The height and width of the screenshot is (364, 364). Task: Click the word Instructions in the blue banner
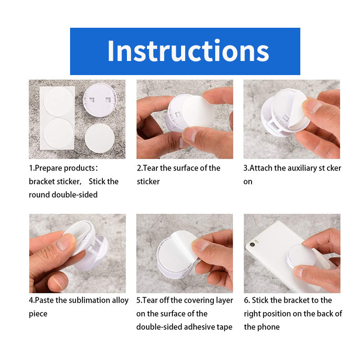pos(188,51)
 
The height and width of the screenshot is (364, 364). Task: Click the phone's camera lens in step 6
pos(253,244)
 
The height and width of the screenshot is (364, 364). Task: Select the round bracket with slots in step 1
pos(100,100)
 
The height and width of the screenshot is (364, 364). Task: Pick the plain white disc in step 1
pos(100,138)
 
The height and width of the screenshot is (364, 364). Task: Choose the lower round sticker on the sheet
pos(58,133)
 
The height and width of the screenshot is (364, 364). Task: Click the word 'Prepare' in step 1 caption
pos(50,168)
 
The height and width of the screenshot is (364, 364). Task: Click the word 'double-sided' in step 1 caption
pos(75,194)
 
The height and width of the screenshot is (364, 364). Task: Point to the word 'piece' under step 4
pos(38,313)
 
